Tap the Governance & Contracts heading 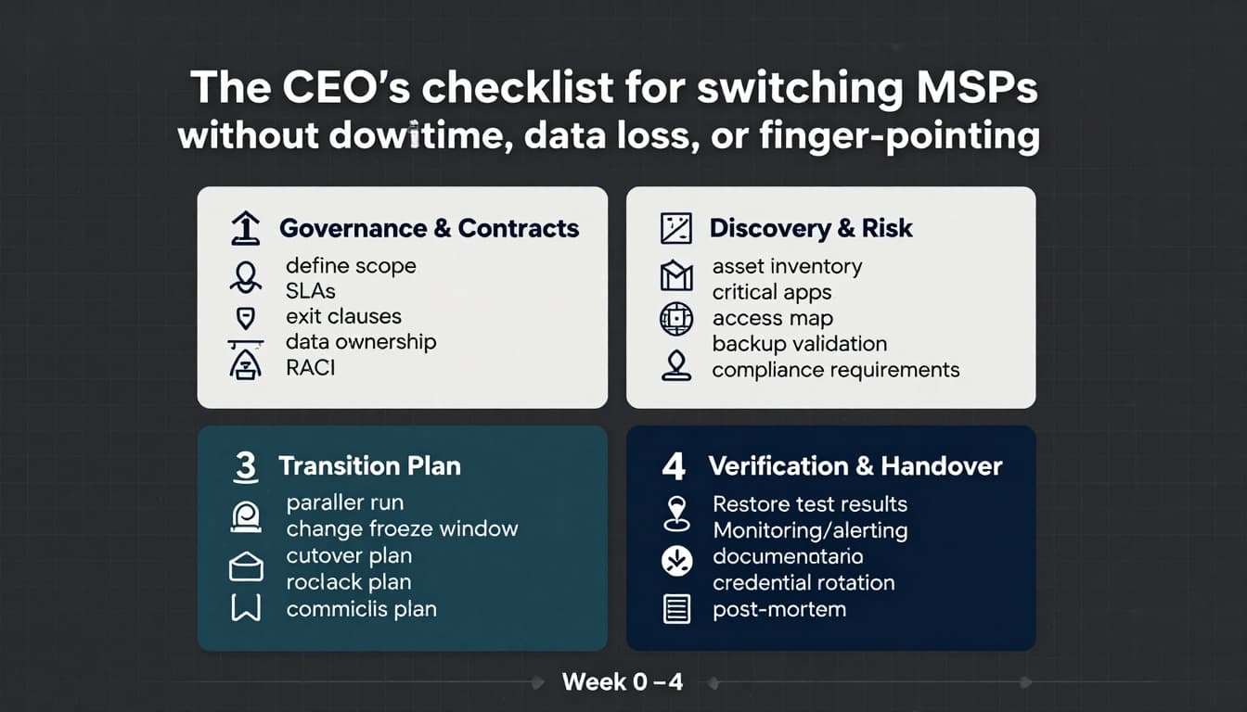coord(429,228)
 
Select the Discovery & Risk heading coord(810,228)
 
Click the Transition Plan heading coord(369,465)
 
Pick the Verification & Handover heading coord(855,465)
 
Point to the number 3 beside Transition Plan coord(245,466)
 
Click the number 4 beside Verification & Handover coord(674,466)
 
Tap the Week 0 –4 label coord(622,682)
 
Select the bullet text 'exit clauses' coord(343,317)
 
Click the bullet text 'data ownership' coord(360,341)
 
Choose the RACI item coord(310,367)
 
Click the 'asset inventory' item coord(787,267)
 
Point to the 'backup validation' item coord(799,344)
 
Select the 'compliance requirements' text coord(835,370)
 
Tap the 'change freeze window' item coord(402,529)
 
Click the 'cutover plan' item coord(349,556)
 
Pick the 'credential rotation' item coord(803,583)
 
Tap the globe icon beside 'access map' coord(675,319)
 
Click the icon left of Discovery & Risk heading coord(675,228)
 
